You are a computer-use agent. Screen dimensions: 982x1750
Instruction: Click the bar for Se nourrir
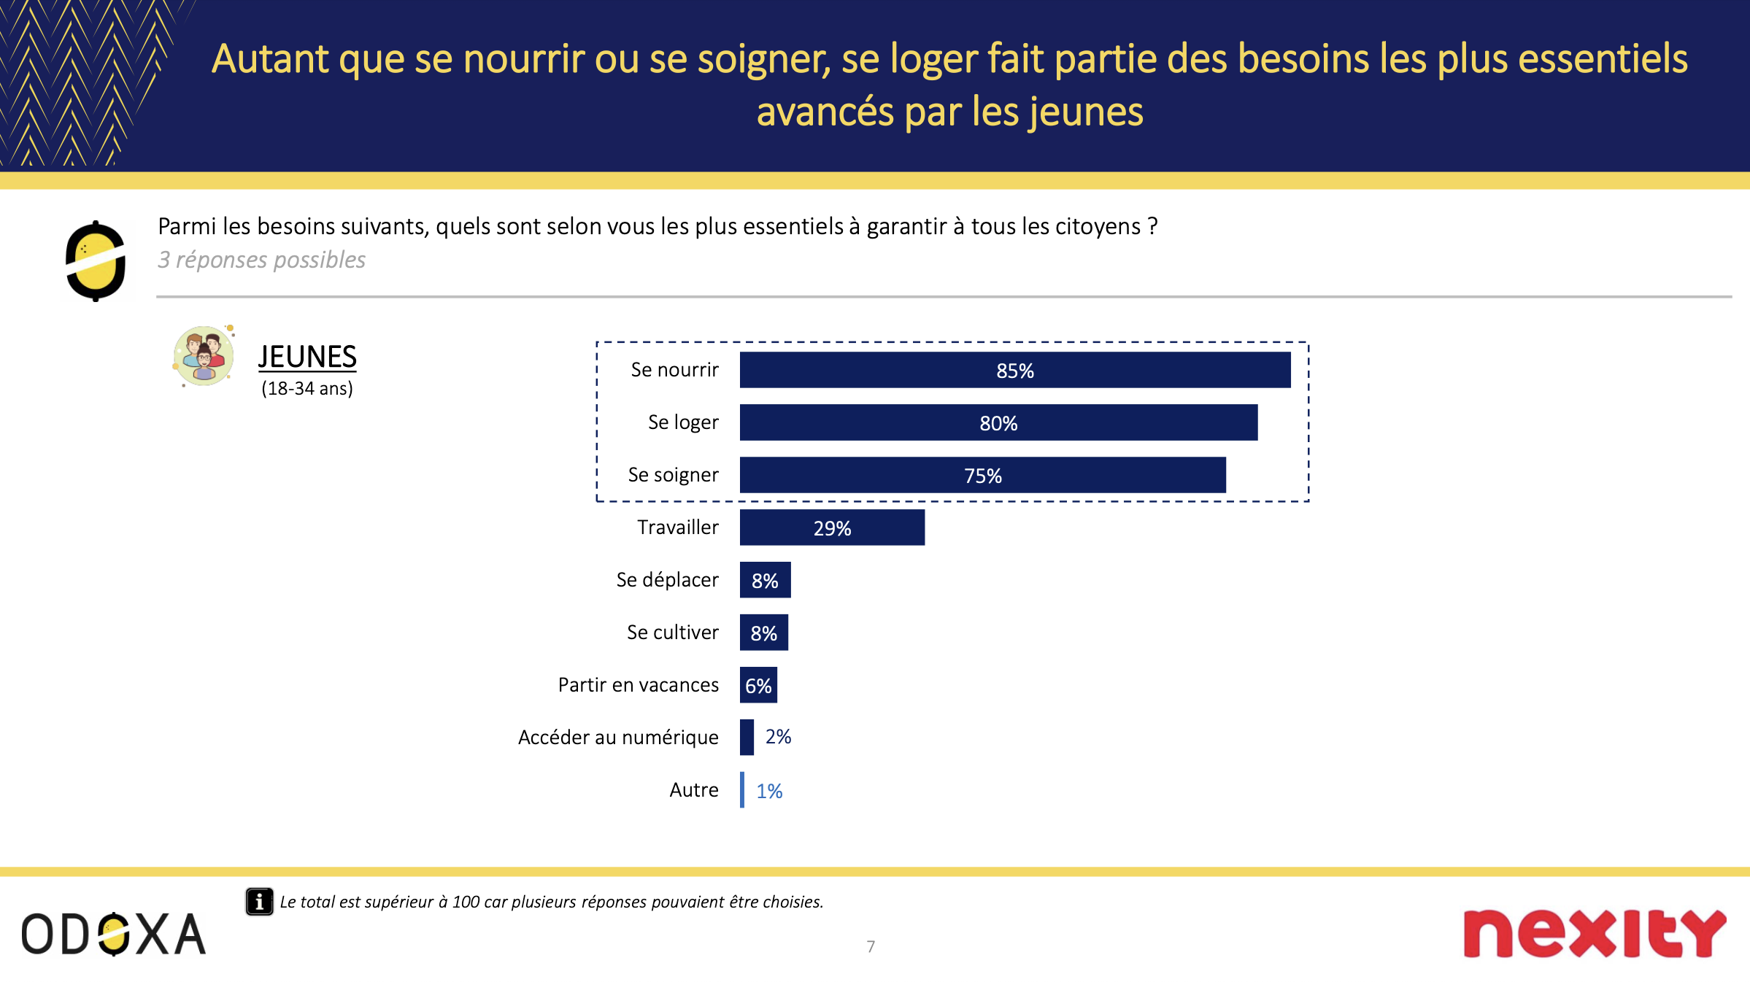click(1014, 370)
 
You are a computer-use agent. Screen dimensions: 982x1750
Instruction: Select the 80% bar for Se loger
click(998, 422)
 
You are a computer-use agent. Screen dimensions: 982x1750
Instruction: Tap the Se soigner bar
click(982, 475)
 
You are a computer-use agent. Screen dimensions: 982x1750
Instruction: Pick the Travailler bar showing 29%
click(832, 527)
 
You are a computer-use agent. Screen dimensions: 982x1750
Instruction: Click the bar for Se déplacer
click(765, 580)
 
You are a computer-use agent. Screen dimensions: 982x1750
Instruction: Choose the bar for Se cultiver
click(763, 633)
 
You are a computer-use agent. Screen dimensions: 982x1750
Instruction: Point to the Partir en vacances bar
click(758, 685)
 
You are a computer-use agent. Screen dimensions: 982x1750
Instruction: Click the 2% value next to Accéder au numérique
click(778, 737)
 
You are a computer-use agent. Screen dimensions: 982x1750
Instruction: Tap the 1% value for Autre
click(769, 791)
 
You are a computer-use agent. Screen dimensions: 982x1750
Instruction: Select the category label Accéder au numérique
click(618, 738)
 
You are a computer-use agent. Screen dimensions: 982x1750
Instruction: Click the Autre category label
click(694, 790)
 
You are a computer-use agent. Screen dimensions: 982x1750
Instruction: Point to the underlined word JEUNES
click(307, 357)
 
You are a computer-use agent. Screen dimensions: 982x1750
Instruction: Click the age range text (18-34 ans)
click(307, 389)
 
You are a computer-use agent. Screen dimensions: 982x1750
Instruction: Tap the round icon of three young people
click(204, 356)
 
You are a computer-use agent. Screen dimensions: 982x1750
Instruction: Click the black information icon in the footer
click(259, 902)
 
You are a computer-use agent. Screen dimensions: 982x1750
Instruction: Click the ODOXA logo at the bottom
click(114, 934)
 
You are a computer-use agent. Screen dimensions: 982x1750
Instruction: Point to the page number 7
click(871, 947)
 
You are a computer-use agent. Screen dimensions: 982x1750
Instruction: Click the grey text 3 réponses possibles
click(261, 260)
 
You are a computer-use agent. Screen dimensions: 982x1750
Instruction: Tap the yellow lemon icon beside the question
click(96, 261)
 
